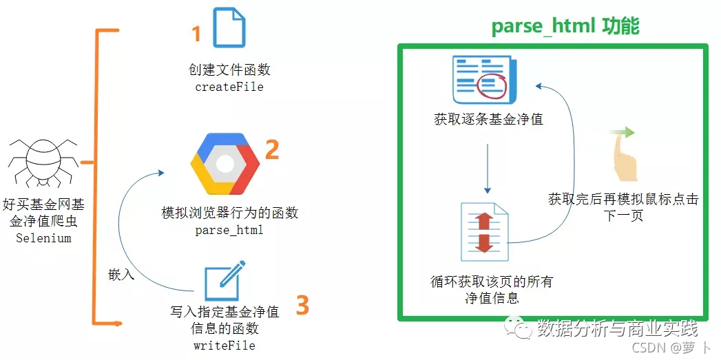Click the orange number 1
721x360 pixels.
(196, 34)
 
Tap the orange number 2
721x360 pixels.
(272, 149)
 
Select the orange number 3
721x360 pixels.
(302, 304)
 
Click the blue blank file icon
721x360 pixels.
(229, 28)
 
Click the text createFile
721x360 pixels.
(229, 87)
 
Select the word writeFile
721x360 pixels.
(224, 344)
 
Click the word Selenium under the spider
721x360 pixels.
(43, 238)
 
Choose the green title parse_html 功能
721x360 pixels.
(565, 26)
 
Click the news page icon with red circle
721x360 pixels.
(483, 81)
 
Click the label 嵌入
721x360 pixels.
(121, 274)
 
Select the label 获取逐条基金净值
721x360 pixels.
(488, 119)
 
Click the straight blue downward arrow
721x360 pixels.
(488, 168)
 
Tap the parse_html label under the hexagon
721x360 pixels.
(229, 230)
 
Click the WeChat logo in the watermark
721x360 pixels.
(517, 328)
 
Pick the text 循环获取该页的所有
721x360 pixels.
(492, 282)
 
